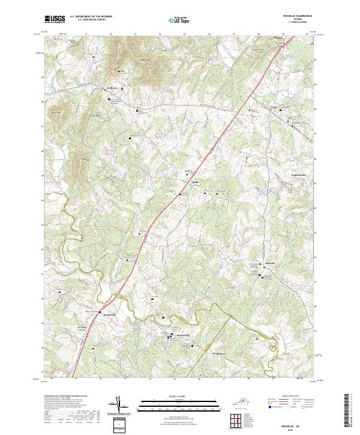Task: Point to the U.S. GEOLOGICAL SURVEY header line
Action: (x=91, y=21)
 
